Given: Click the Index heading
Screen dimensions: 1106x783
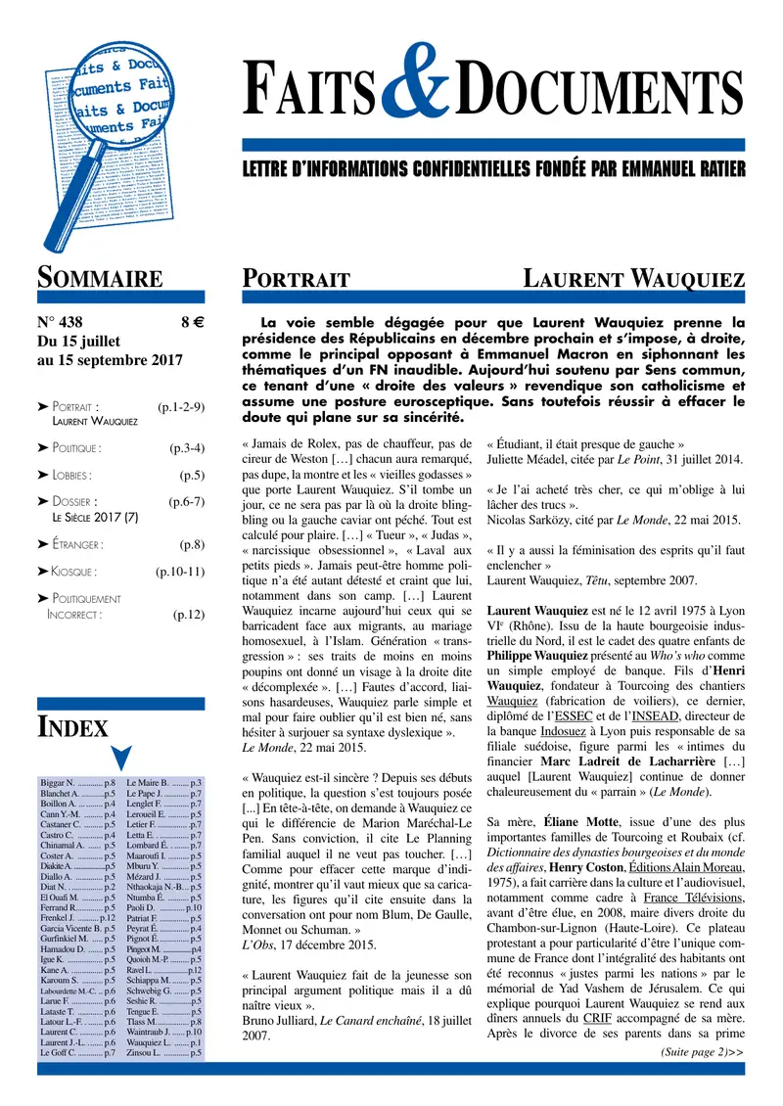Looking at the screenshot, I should [x=72, y=725].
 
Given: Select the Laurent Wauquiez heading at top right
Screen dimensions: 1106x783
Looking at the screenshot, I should [x=633, y=277].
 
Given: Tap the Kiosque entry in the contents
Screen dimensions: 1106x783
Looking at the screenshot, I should [x=74, y=571].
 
